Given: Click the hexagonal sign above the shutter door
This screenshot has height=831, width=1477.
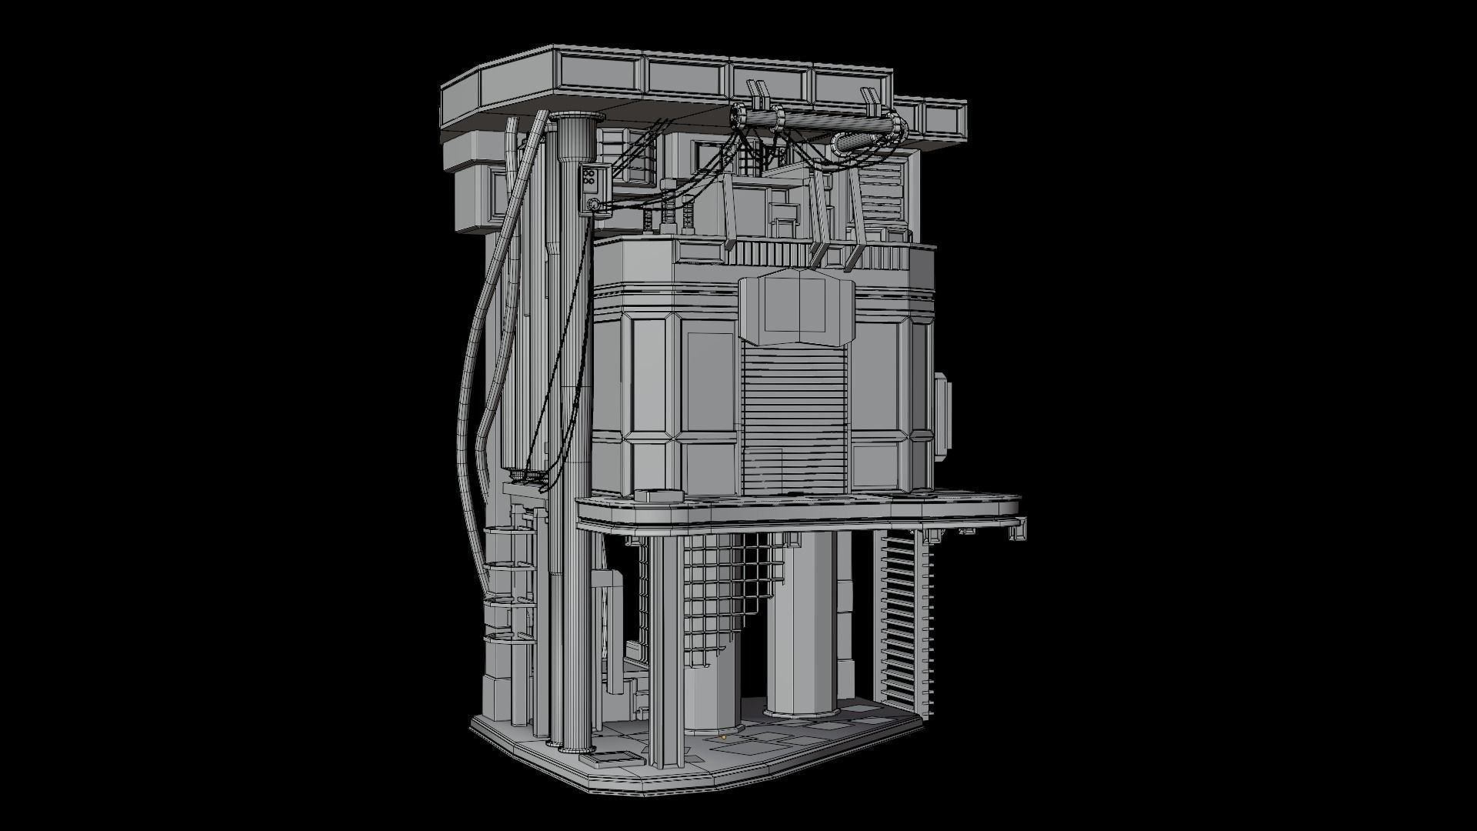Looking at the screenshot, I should point(796,308).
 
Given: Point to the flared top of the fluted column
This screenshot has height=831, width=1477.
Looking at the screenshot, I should point(576,119).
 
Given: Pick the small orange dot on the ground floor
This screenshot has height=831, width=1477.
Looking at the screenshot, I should point(724,737).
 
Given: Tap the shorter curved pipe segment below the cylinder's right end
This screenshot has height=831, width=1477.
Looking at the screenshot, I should point(854,143).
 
